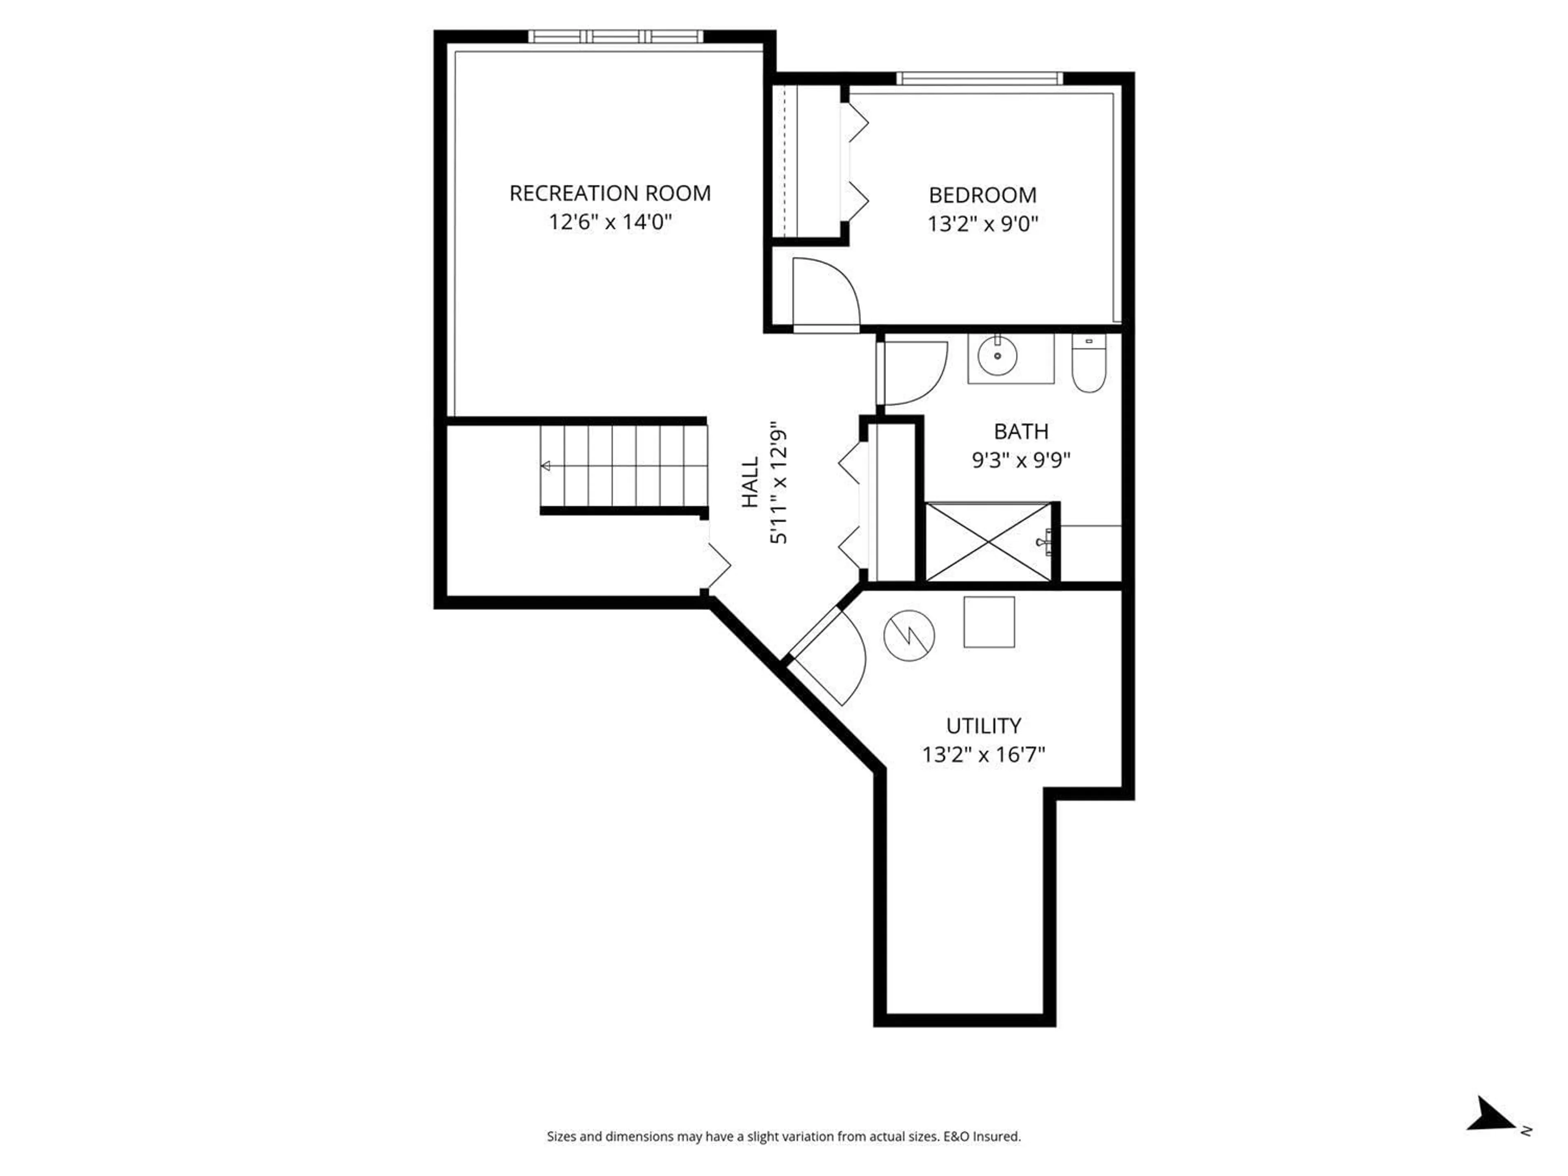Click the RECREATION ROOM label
(x=610, y=194)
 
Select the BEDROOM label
(x=982, y=195)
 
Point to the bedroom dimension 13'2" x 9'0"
(x=982, y=225)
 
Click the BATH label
(x=1021, y=431)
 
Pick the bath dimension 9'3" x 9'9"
(x=1021, y=461)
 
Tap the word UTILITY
(x=983, y=726)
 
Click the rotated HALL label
(x=750, y=482)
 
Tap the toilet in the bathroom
(x=1089, y=363)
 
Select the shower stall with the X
(x=989, y=542)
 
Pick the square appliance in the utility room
(x=989, y=621)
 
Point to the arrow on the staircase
(x=546, y=466)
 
